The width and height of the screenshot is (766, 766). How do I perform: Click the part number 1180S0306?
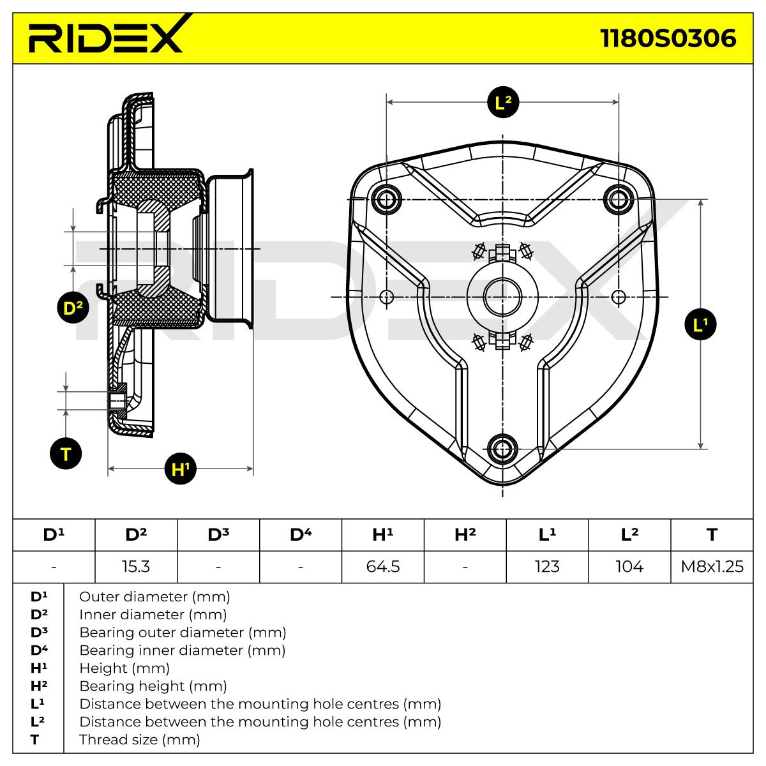pos(668,38)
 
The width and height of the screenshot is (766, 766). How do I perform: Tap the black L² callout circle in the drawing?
pos(503,102)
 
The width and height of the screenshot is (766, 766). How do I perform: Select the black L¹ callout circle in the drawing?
pos(700,324)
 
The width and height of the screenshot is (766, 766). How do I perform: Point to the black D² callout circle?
pos(73,307)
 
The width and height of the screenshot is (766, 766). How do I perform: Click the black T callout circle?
pos(66,454)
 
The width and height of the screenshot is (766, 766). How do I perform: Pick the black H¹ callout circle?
pos(181,469)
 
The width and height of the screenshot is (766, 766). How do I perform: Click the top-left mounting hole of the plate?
pos(386,199)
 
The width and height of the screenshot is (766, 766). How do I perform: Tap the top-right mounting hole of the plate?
pos(618,199)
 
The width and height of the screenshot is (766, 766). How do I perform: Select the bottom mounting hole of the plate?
pos(502,449)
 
